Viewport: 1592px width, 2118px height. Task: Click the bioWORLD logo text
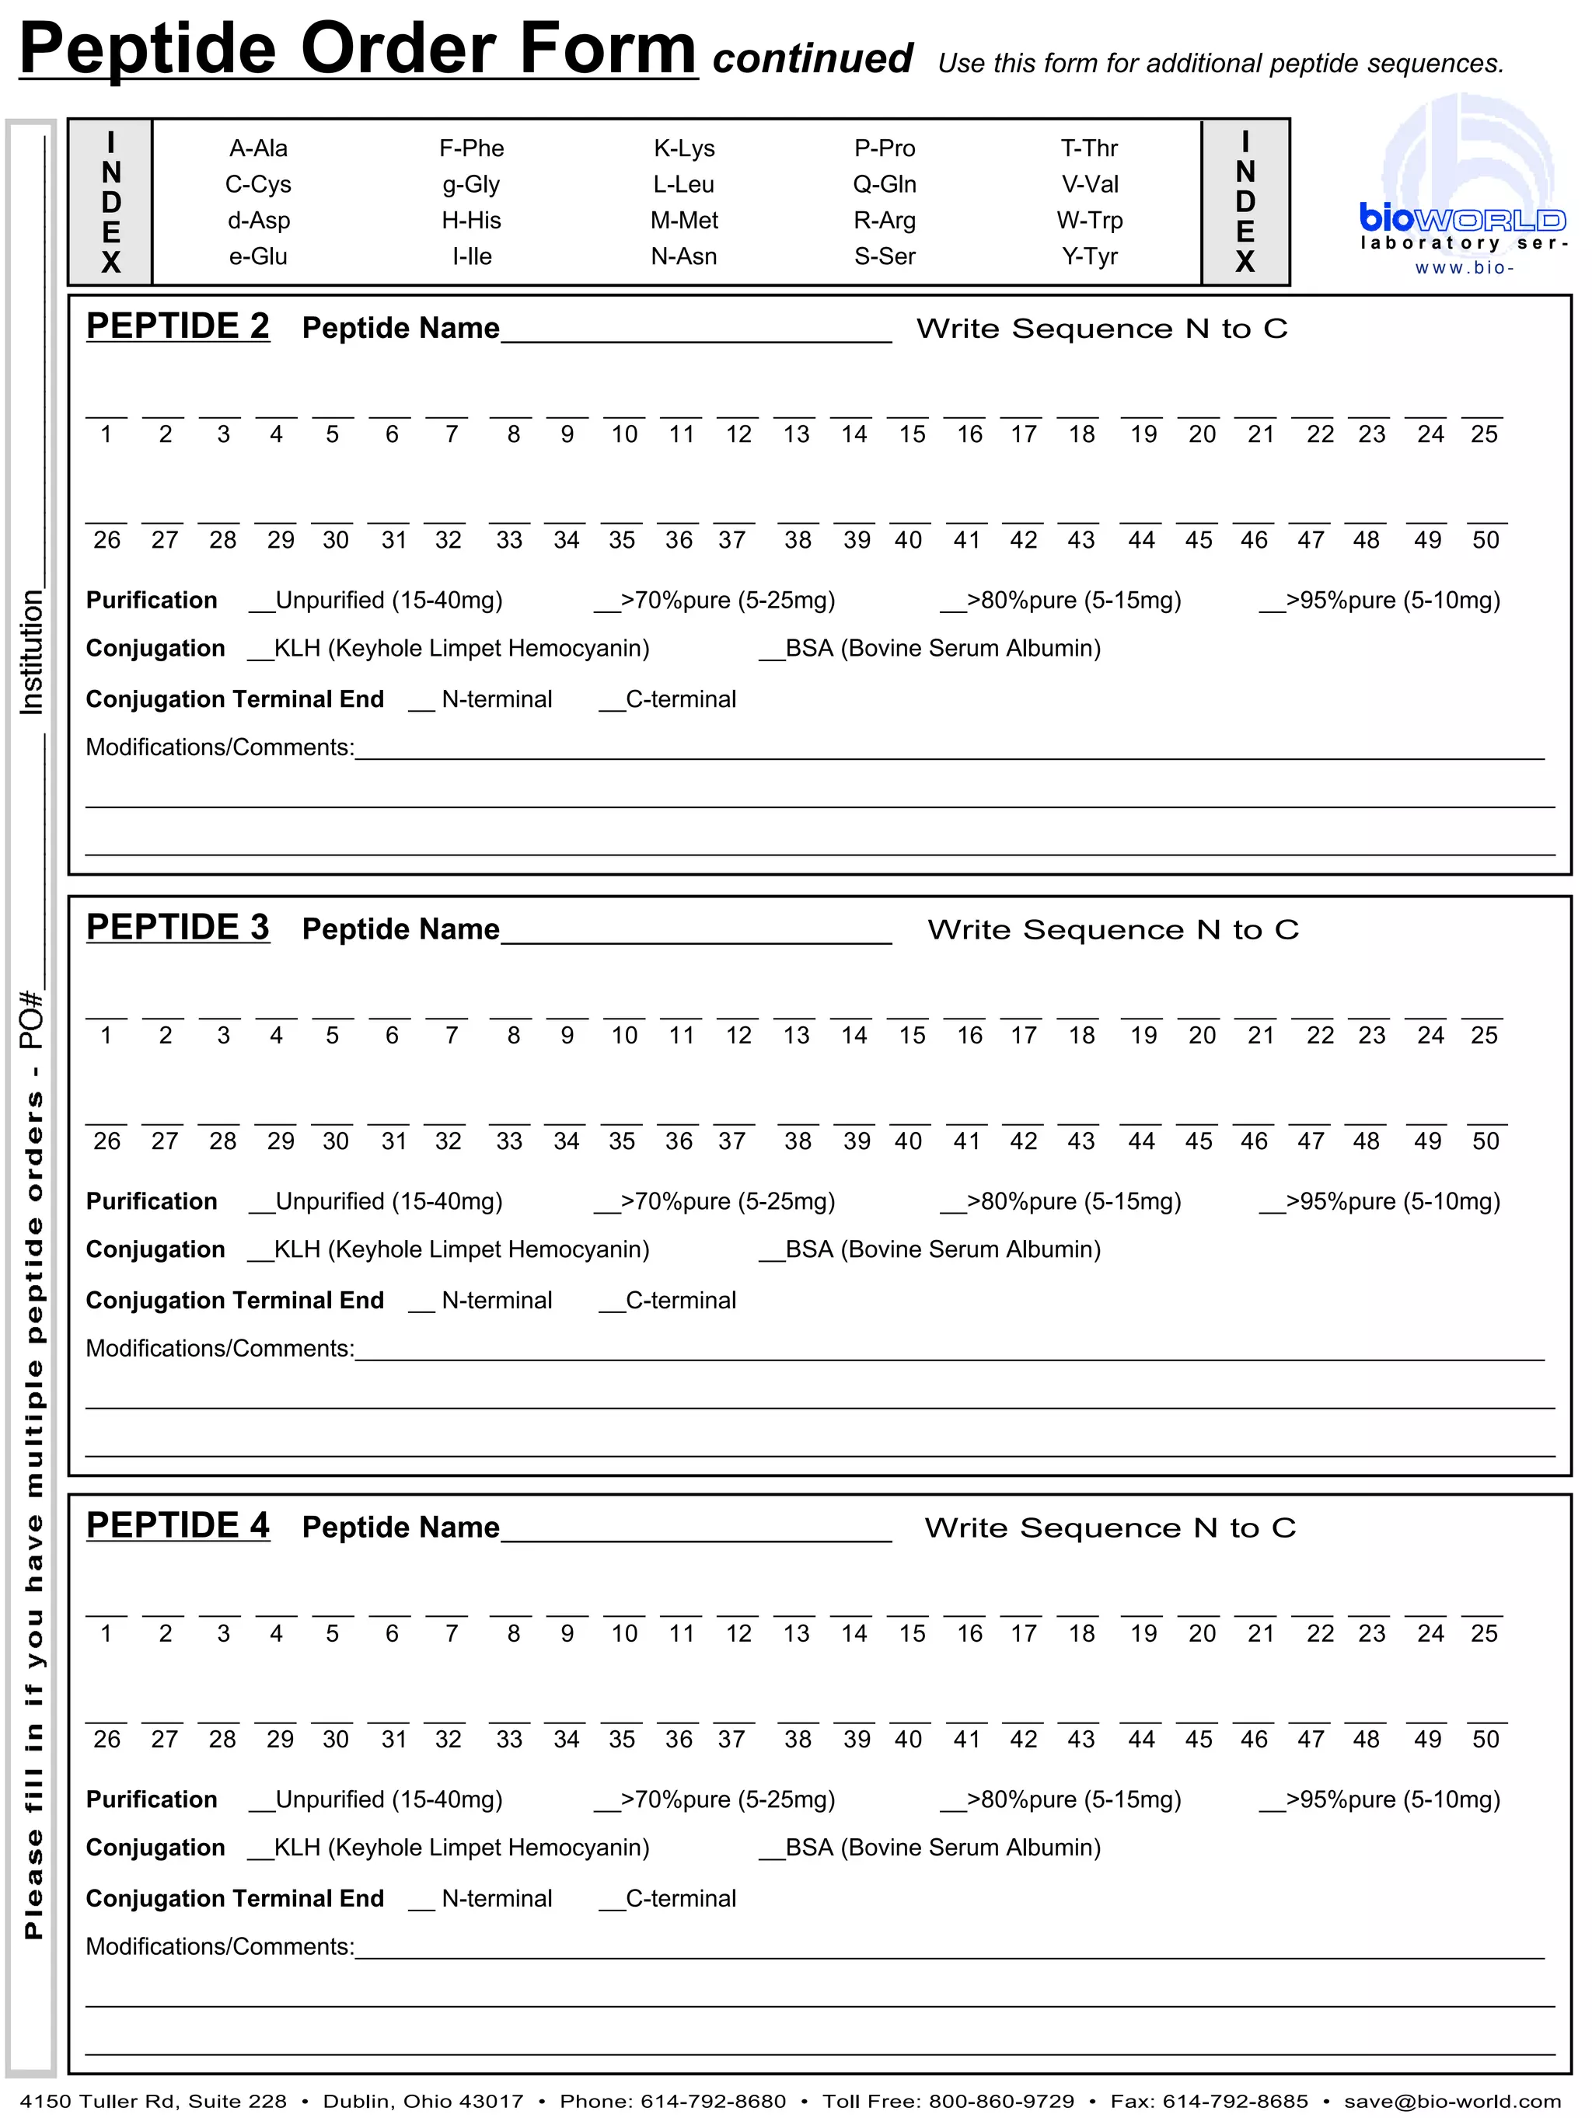1461,219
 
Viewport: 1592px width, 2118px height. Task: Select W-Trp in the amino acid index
1089,220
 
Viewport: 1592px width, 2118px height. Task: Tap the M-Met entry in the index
684,220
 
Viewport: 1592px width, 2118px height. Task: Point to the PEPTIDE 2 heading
178,326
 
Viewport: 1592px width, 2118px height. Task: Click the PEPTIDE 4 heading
178,1525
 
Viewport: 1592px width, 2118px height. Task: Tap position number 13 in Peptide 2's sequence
796,434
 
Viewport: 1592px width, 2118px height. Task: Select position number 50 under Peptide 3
1485,1141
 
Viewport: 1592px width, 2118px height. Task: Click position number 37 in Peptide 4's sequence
731,1740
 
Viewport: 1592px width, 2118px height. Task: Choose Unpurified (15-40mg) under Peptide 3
261,1204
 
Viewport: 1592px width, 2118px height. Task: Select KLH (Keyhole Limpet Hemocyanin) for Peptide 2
260,650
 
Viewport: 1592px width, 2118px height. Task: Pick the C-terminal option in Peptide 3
612,1302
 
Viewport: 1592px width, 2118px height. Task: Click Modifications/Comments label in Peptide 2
219,747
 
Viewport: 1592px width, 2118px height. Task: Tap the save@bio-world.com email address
1452,2102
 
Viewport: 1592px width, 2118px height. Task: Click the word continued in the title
812,59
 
